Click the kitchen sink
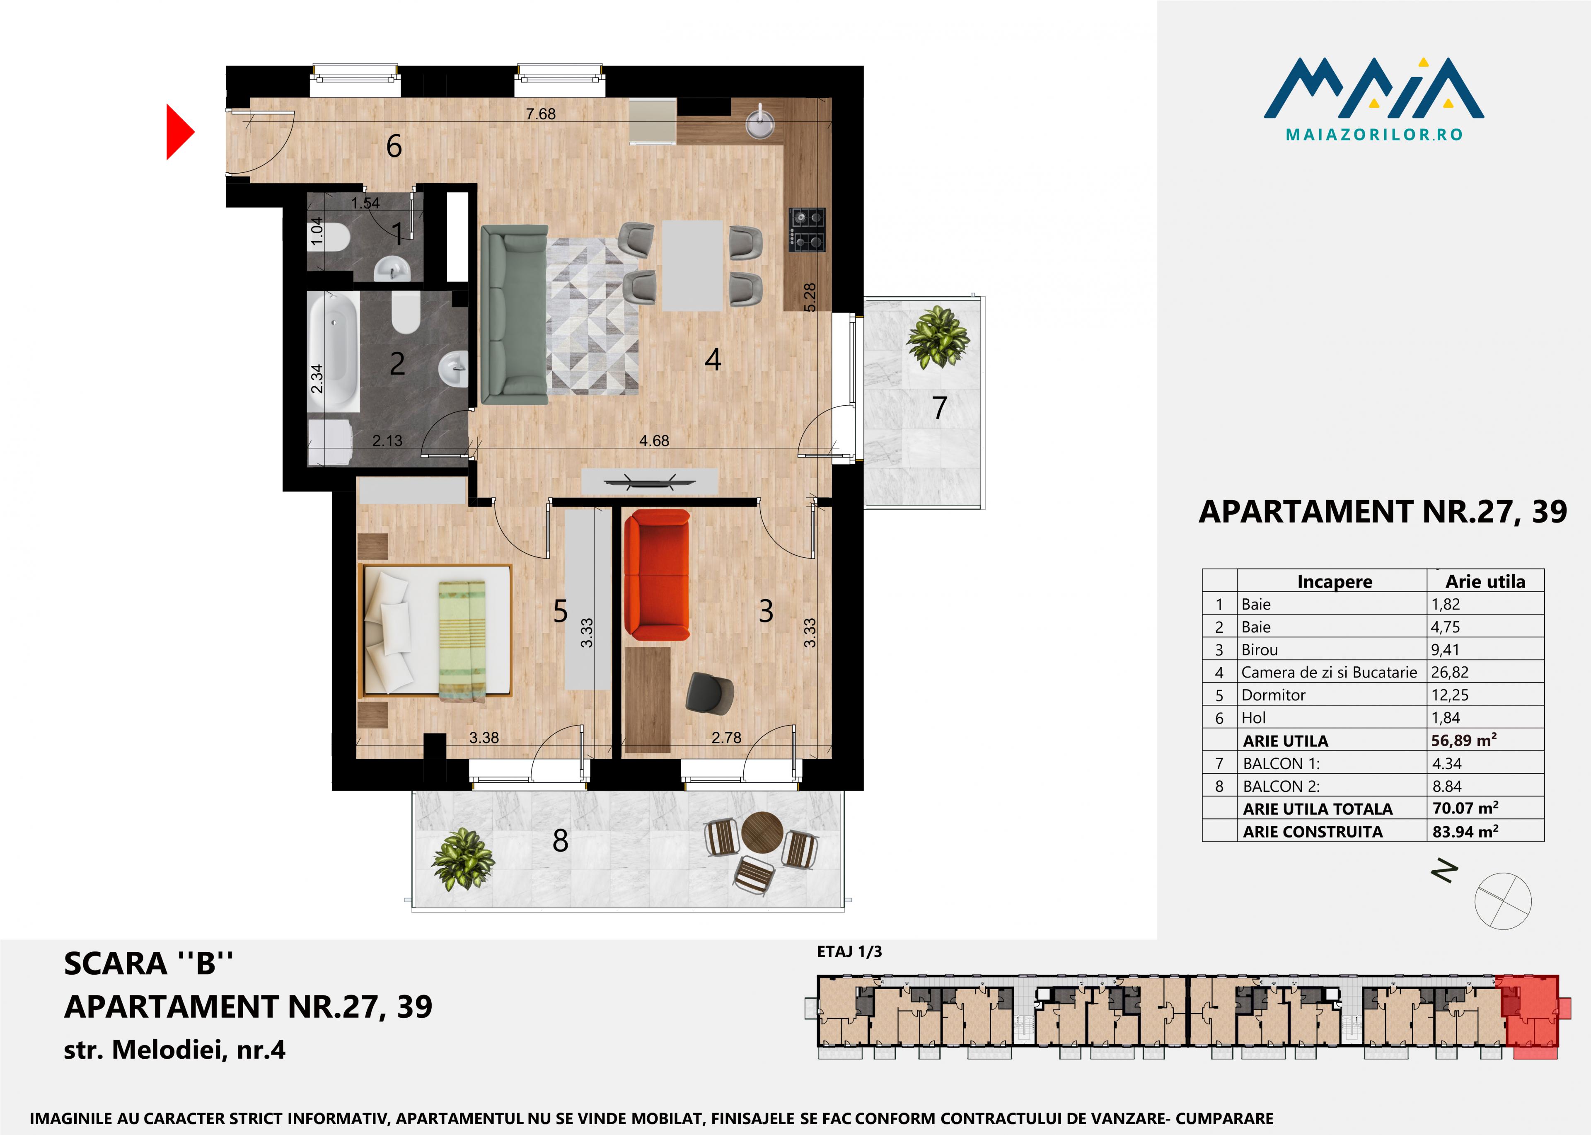tap(759, 123)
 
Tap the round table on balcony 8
tap(761, 831)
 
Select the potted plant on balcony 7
tap(938, 337)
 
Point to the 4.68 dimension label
tap(654, 441)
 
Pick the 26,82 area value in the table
tap(1450, 672)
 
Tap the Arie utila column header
tap(1485, 581)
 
